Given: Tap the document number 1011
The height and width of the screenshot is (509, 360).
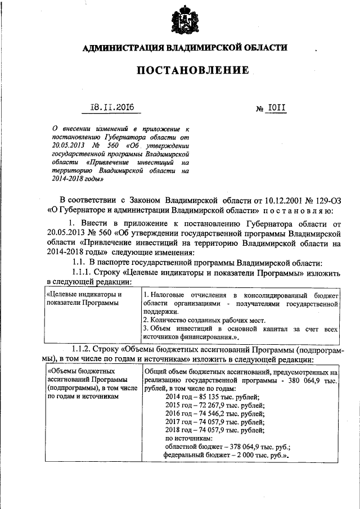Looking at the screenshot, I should (x=276, y=107).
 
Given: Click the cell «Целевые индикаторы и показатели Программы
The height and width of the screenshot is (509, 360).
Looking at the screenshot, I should (x=84, y=299).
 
